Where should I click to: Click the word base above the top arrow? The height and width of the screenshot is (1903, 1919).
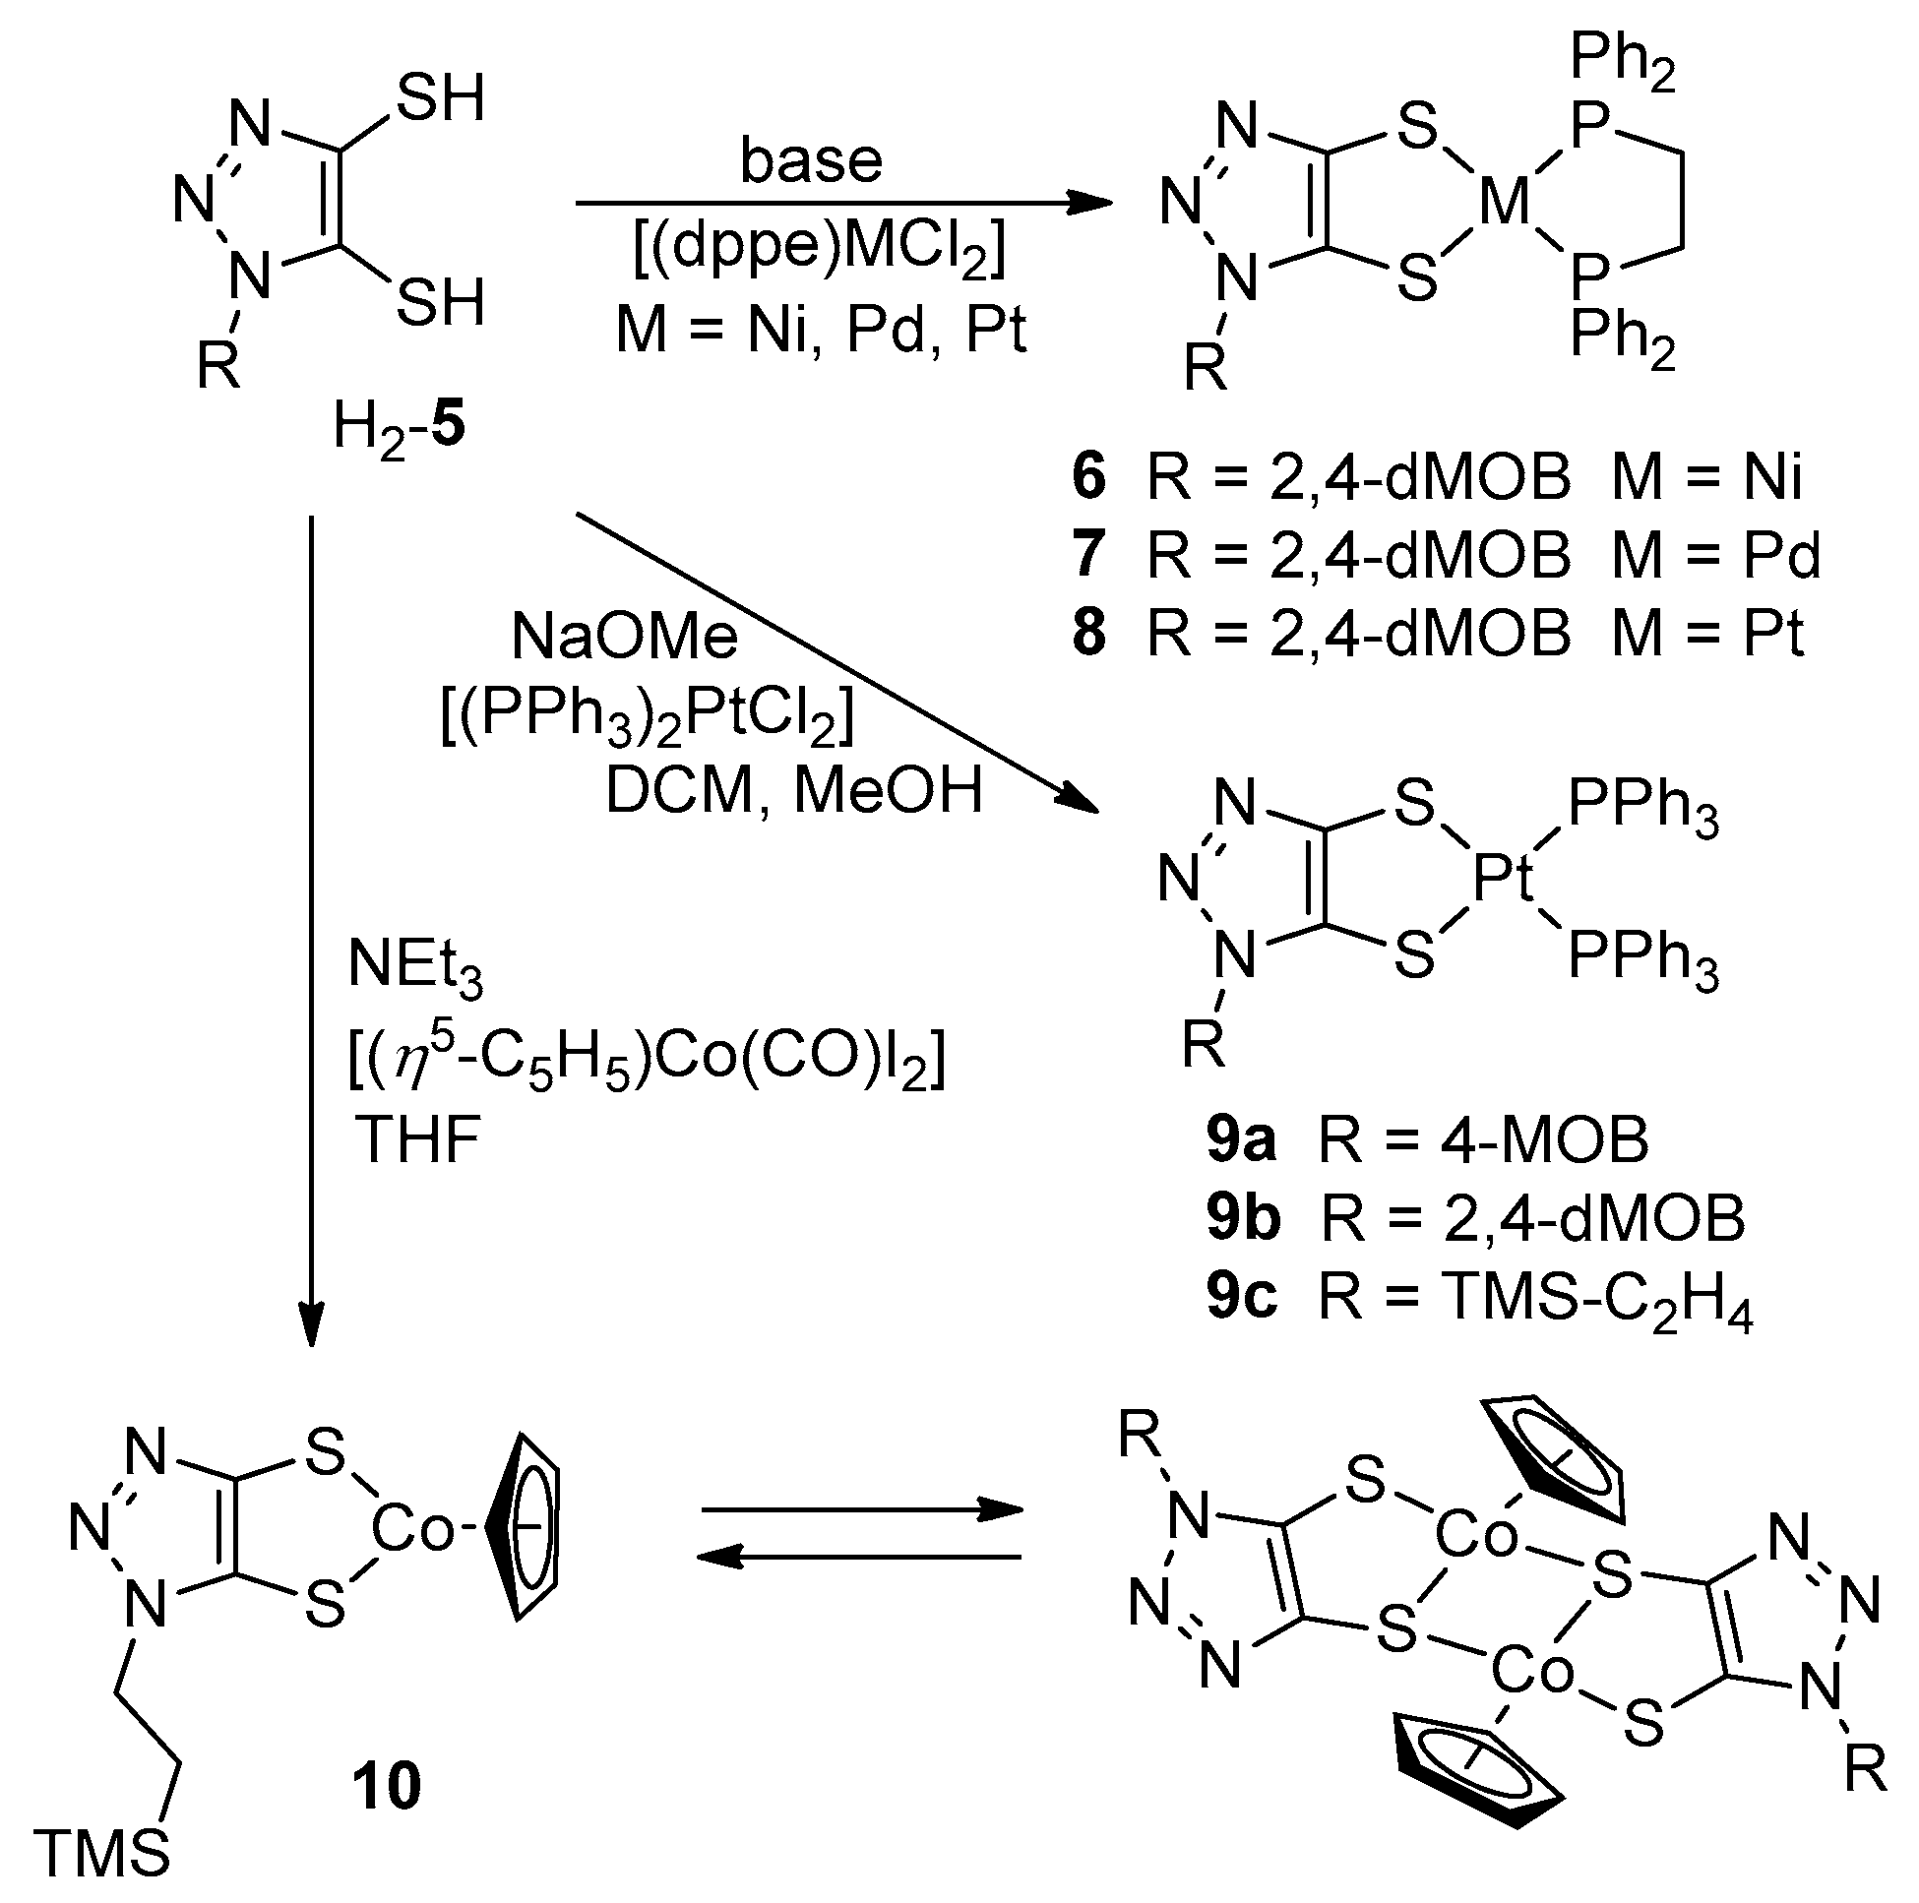click(x=811, y=161)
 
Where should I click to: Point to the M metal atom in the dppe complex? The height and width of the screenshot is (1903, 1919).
click(x=1505, y=204)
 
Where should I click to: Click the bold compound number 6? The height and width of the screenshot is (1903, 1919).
click(x=1088, y=477)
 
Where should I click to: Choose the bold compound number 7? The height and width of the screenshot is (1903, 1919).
click(x=1088, y=554)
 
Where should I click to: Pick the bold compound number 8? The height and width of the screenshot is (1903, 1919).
click(x=1088, y=633)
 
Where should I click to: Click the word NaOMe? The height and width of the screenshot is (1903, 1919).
click(x=625, y=637)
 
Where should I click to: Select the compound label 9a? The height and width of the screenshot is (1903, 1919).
click(x=1241, y=1140)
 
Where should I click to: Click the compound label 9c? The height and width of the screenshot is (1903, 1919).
click(x=1241, y=1296)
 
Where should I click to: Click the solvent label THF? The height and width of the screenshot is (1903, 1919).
click(x=417, y=1139)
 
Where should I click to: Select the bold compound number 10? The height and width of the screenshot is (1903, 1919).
click(x=387, y=1786)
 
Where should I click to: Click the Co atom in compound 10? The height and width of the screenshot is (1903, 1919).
click(x=413, y=1530)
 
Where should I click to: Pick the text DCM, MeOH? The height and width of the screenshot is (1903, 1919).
click(x=793, y=791)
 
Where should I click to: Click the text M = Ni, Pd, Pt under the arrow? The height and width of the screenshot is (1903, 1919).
click(x=821, y=330)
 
